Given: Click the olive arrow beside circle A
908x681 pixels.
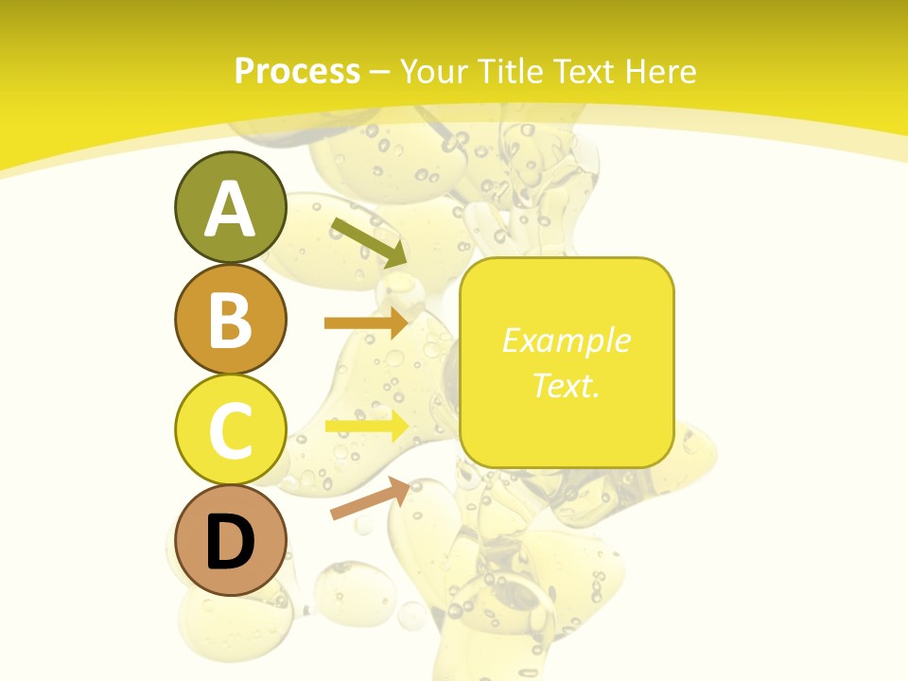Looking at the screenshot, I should tap(369, 242).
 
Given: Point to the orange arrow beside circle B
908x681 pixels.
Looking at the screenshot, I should tap(365, 323).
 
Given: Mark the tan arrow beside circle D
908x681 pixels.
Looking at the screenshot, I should tap(370, 499).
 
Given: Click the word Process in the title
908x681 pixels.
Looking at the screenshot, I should tap(297, 72).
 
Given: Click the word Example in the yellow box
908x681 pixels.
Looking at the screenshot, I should tap(566, 340).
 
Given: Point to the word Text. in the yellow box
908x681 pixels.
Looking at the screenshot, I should tap(566, 386).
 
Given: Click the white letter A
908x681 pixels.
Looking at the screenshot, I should tap(230, 209).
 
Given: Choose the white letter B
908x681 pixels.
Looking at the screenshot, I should tap(230, 320).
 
